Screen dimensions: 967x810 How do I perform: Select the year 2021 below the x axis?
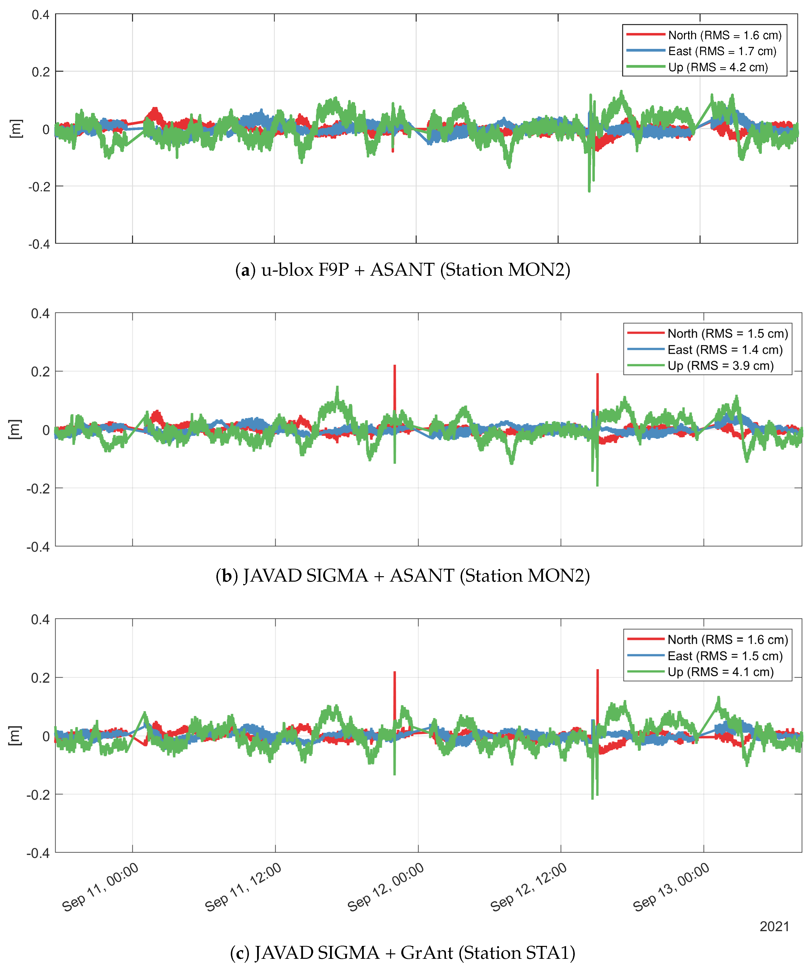coord(775,927)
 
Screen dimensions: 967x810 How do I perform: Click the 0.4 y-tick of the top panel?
coord(40,15)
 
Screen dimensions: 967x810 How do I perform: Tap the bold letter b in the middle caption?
coord(227,576)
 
